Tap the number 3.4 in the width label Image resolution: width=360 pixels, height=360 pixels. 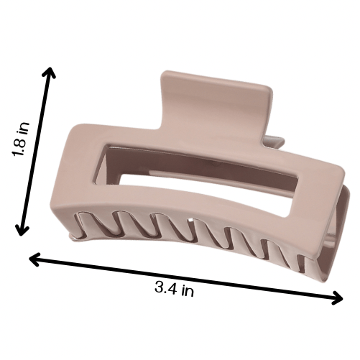click(x=166, y=287)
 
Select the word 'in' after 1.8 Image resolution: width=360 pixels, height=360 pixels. click(x=24, y=127)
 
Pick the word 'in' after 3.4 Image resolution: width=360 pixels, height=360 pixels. click(x=188, y=291)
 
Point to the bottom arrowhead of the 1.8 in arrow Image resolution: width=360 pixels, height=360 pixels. click(x=22, y=231)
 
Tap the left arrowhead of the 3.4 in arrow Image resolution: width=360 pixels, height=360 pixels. click(x=34, y=259)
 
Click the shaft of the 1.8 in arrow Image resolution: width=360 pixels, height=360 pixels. click(x=36, y=152)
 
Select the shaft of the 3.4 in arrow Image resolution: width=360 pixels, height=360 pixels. click(x=186, y=278)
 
